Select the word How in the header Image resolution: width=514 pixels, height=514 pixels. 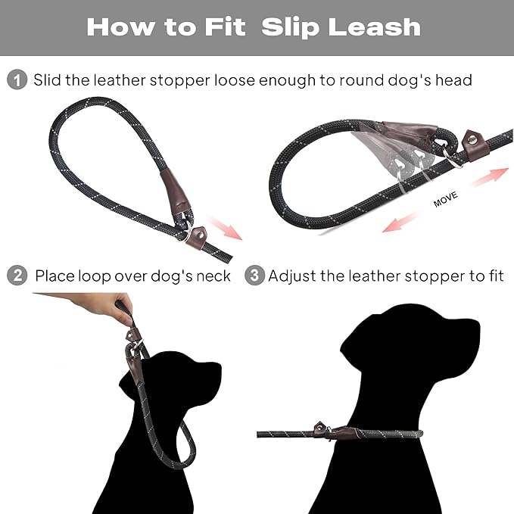tap(118, 27)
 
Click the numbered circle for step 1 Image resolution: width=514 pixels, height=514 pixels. tap(17, 79)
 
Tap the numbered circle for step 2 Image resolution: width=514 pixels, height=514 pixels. tap(17, 276)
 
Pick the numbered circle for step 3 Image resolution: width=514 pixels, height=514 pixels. tap(255, 276)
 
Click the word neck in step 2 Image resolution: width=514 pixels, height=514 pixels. tap(213, 276)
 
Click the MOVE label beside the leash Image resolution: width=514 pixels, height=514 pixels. tap(447, 202)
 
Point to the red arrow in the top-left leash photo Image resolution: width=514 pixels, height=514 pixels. tap(225, 226)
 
